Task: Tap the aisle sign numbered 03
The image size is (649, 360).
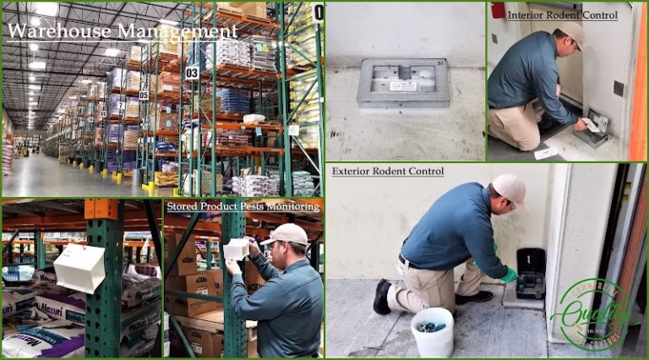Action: coord(192,73)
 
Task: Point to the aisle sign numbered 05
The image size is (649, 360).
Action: coord(144,95)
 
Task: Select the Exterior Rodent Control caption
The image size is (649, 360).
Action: coord(387,172)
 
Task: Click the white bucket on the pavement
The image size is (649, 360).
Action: coord(432,332)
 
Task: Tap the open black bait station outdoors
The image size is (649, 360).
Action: coord(531,272)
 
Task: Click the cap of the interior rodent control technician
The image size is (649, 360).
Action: coord(574,32)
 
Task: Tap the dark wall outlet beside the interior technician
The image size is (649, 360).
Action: coord(619,88)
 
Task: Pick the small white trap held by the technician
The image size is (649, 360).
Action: coord(236,248)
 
